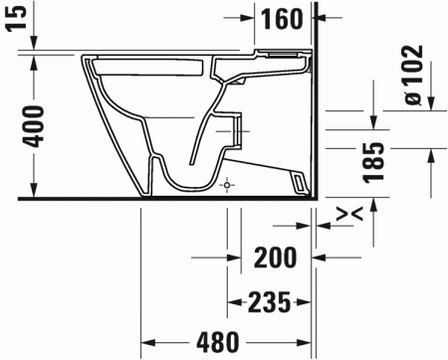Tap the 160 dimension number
[282, 18]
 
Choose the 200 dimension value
[276, 258]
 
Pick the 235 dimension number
[268, 300]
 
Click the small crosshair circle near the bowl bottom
[228, 186]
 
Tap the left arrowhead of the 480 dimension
[145, 342]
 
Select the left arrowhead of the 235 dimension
[233, 300]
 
